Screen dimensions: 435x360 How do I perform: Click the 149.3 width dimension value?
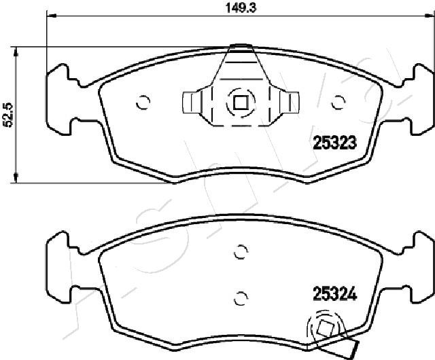pos(241,7)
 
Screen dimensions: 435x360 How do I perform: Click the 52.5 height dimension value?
pos(8,115)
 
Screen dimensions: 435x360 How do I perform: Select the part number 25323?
pos(334,143)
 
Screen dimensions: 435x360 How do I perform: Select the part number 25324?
pos(334,294)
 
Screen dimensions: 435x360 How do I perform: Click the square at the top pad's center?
pos(240,103)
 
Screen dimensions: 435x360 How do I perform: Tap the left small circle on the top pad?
pos(143,103)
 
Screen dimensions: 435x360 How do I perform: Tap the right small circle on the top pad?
pos(338,102)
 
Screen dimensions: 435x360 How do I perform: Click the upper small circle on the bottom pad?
pos(241,252)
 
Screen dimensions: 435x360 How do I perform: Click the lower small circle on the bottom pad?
pos(240,298)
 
